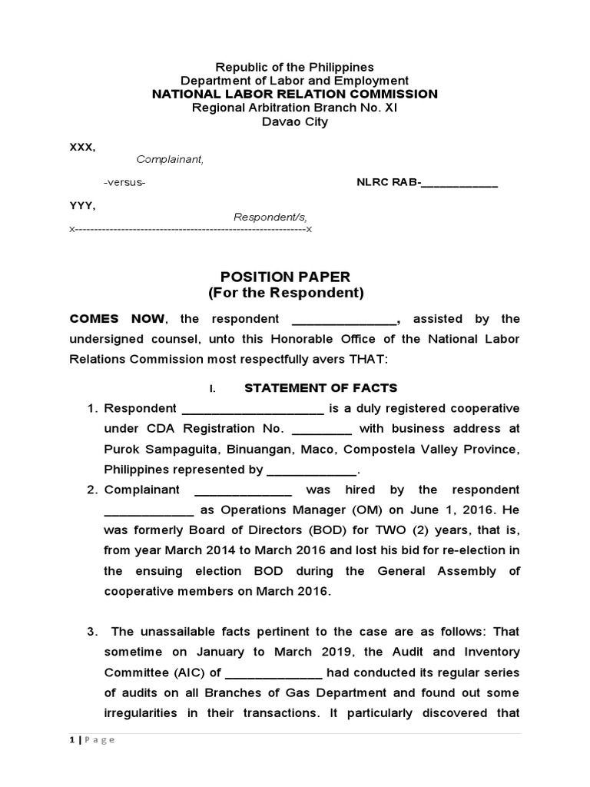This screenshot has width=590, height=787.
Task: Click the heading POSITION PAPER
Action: click(x=285, y=277)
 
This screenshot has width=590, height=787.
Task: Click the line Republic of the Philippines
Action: click(x=294, y=68)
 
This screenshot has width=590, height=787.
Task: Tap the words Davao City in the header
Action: click(x=294, y=121)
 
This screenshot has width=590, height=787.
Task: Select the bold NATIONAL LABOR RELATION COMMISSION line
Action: click(x=294, y=94)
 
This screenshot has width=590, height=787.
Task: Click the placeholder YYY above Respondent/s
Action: click(x=82, y=205)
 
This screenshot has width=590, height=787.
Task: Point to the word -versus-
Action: click(x=124, y=183)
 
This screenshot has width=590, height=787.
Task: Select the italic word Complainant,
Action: click(x=170, y=159)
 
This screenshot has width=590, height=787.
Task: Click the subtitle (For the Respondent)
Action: click(x=285, y=293)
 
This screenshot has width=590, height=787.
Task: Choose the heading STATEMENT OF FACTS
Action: click(x=320, y=388)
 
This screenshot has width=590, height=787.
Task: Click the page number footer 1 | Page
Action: click(x=92, y=739)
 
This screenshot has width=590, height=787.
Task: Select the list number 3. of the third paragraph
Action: click(x=91, y=632)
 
